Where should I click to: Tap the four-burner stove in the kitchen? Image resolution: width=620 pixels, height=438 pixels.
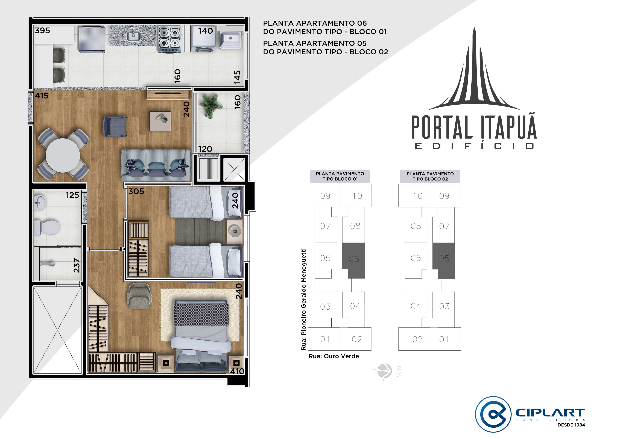(169, 40)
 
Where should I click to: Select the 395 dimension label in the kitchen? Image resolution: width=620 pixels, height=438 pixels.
(42, 31)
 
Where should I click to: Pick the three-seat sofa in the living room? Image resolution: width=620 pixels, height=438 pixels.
(156, 165)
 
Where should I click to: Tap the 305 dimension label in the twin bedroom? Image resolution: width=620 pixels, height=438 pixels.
(136, 191)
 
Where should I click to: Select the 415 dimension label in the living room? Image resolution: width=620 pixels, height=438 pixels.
(42, 96)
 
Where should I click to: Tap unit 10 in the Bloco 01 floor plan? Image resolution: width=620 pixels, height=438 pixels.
(357, 196)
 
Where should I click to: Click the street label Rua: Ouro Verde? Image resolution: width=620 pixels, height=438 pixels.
(334, 356)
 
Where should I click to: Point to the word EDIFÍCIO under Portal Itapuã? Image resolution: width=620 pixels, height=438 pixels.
(474, 146)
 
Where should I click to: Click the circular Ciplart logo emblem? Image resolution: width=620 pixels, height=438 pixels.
(493, 414)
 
